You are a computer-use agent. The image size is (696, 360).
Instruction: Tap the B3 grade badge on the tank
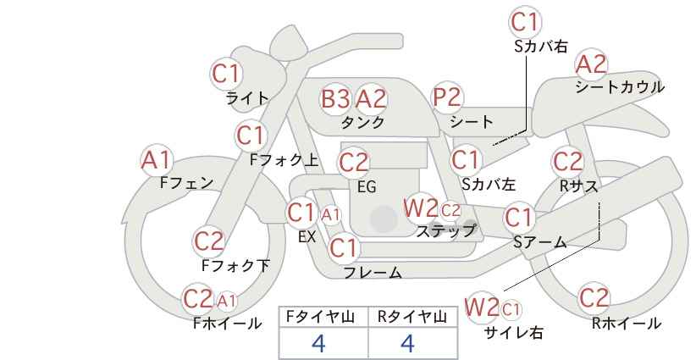[x=335, y=98]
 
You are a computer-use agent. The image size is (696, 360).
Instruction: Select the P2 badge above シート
[x=447, y=97]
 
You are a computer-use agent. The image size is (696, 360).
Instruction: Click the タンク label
[x=362, y=122]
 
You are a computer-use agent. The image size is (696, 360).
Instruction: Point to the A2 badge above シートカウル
[x=591, y=64]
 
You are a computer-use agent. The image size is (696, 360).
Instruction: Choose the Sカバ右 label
[x=541, y=47]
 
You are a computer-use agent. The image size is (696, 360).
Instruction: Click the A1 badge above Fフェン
[x=156, y=160]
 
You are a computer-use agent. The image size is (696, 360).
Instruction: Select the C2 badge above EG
[x=354, y=163]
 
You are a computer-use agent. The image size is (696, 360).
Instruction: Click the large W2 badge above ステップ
[x=420, y=208]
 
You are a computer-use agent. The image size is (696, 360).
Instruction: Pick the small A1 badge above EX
[x=331, y=215]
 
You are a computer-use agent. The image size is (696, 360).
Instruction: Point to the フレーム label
[x=373, y=272]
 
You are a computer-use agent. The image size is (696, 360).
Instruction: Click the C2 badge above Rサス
[x=567, y=161]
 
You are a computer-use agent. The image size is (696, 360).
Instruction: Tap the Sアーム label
[x=540, y=242]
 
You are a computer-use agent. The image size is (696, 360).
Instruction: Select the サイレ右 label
[x=514, y=333]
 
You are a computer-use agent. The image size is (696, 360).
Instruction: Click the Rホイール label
[x=627, y=324]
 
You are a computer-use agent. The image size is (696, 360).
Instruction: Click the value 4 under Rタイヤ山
[x=407, y=343]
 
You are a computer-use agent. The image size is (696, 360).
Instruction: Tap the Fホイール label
[x=227, y=324]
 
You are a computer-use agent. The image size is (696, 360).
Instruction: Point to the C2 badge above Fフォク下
[x=209, y=241]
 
